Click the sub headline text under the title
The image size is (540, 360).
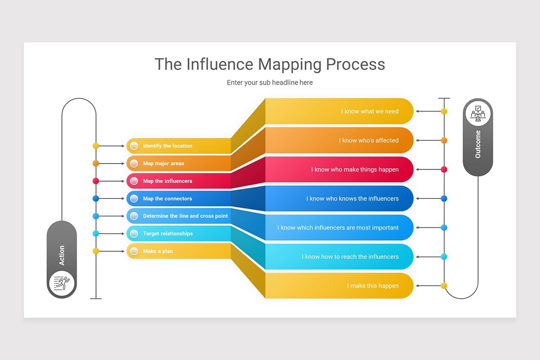[x=270, y=83]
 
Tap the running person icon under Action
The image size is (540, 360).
[x=62, y=283]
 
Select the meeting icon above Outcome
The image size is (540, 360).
[x=478, y=113]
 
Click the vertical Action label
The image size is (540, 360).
[x=62, y=255]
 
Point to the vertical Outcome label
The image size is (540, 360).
[x=478, y=144]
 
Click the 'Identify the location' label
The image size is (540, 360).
[x=167, y=146]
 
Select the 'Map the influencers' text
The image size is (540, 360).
[x=167, y=181]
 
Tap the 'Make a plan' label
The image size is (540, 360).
[x=157, y=251]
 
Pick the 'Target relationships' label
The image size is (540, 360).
[x=168, y=234]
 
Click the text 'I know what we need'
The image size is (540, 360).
[x=369, y=111]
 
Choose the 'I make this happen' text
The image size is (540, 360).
[x=373, y=286]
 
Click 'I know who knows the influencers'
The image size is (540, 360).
[x=352, y=198]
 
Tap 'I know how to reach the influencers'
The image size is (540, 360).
[x=350, y=256]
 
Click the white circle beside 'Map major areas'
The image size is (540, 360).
[x=134, y=163]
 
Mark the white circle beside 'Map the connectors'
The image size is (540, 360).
[x=134, y=198]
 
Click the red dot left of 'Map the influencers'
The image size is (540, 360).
[x=95, y=181]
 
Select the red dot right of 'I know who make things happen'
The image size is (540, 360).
[x=444, y=170]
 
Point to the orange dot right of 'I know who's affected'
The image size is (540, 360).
[x=444, y=140]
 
